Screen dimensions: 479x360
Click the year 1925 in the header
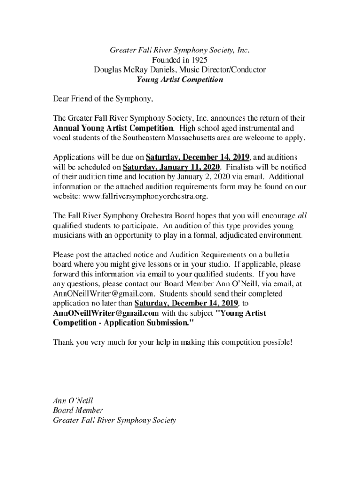click(199, 60)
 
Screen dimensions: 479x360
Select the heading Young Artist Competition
click(180, 80)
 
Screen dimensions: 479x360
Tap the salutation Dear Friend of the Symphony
click(103, 99)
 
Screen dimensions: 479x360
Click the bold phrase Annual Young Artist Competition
click(113, 128)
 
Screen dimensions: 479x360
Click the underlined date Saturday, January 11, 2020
click(171, 167)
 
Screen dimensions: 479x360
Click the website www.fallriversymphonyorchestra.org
click(145, 197)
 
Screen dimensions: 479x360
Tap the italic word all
click(302, 216)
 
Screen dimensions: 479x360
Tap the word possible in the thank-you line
click(276, 342)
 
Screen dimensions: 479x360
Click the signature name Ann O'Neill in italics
click(73, 401)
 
